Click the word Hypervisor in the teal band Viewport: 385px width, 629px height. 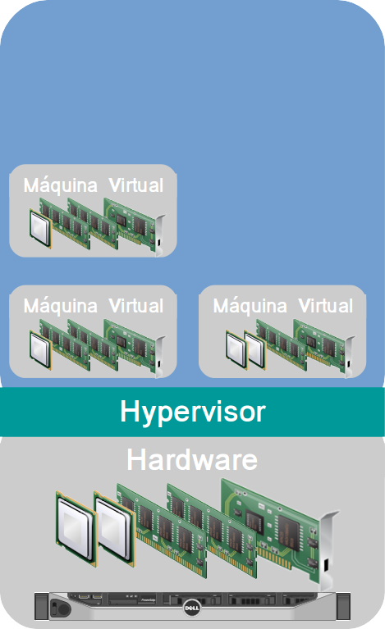click(193, 412)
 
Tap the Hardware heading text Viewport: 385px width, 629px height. click(192, 460)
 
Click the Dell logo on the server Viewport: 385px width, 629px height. click(192, 608)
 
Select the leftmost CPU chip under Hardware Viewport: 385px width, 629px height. click(75, 526)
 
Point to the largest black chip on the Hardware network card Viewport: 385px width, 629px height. click(290, 532)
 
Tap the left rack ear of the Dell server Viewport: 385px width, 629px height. click(42, 606)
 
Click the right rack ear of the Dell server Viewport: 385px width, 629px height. click(343, 606)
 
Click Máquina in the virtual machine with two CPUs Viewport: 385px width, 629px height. click(250, 306)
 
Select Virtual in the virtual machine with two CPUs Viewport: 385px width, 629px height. click(326, 306)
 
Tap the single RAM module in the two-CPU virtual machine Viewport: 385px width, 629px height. click(281, 344)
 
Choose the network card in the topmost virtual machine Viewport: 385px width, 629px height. click(135, 226)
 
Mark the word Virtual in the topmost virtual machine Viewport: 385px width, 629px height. click(136, 185)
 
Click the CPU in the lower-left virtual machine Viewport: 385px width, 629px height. click(40, 349)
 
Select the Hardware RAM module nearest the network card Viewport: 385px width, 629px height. click(212, 531)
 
